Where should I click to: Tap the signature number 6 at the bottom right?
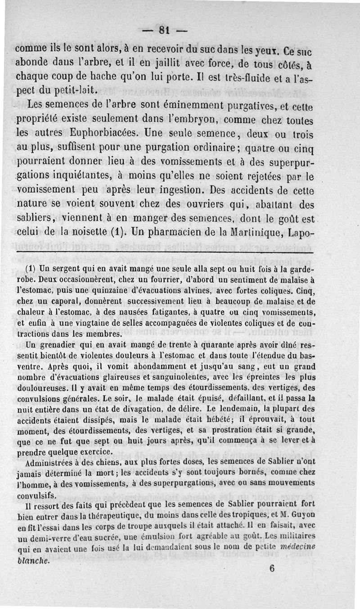[272, 568]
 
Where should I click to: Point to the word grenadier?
[61, 346]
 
